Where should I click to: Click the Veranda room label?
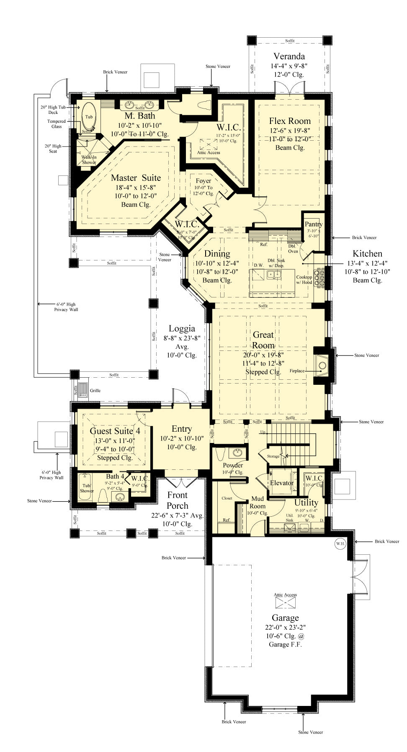[289, 56]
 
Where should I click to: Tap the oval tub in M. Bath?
[89, 116]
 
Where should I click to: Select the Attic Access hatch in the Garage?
[285, 603]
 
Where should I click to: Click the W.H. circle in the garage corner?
[340, 543]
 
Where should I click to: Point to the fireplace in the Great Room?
[322, 366]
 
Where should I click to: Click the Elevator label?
[281, 483]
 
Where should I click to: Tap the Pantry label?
[313, 224]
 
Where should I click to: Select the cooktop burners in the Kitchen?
[321, 277]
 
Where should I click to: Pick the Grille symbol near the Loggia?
[83, 390]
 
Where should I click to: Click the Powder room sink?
[237, 453]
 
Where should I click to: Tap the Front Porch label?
[178, 500]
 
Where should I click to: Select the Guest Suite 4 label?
[115, 431]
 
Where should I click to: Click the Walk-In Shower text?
[89, 160]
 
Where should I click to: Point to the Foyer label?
[203, 181]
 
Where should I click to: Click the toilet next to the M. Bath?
[205, 105]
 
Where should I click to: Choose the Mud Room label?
[257, 502]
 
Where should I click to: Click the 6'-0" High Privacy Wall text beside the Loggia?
[66, 307]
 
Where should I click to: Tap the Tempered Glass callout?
[56, 124]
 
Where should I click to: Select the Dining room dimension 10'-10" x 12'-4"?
[217, 263]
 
